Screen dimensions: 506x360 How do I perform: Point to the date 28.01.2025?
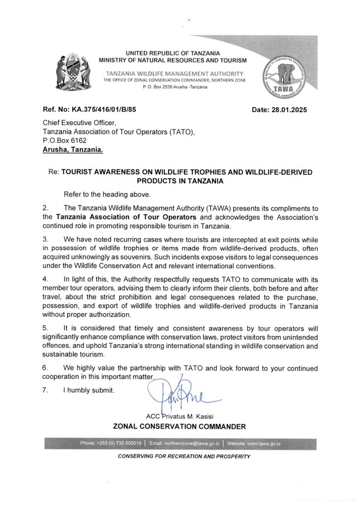(x=279, y=110)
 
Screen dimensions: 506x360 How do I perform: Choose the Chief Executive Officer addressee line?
(x=79, y=123)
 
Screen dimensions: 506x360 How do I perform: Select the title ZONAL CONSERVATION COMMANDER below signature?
(x=180, y=426)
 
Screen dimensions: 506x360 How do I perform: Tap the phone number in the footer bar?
(x=111, y=443)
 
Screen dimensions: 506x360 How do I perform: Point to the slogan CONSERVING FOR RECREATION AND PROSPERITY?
(x=184, y=456)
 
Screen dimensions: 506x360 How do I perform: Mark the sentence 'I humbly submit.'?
(x=89, y=391)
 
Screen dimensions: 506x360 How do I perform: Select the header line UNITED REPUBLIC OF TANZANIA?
(x=173, y=53)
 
